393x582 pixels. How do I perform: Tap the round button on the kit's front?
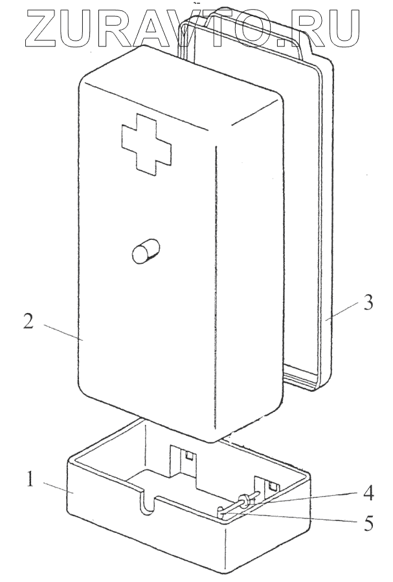(x=145, y=252)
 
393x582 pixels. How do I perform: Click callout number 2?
(x=28, y=321)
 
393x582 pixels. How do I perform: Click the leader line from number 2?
(x=62, y=331)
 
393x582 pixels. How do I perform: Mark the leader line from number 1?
(x=55, y=487)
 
